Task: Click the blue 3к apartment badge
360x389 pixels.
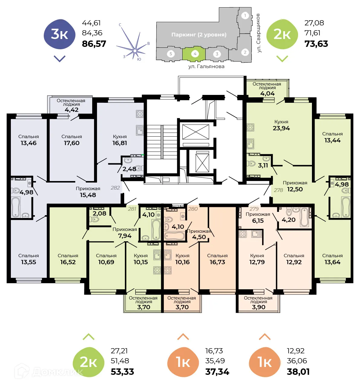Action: pyautogui.click(x=60, y=34)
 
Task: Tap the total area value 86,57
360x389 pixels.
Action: pyautogui.click(x=94, y=44)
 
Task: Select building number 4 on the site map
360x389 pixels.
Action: pyautogui.click(x=195, y=54)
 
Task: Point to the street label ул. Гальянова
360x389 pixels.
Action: pyautogui.click(x=206, y=66)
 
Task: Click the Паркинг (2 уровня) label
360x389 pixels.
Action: pyautogui.click(x=199, y=35)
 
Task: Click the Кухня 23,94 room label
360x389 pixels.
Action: pyautogui.click(x=281, y=125)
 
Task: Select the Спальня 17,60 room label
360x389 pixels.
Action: pyautogui.click(x=72, y=140)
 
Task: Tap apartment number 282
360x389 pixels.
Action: pyautogui.click(x=115, y=188)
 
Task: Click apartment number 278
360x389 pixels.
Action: pyautogui.click(x=278, y=190)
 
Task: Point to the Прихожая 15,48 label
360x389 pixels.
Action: pyautogui.click(x=88, y=192)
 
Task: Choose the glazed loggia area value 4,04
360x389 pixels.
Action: pyautogui.click(x=267, y=94)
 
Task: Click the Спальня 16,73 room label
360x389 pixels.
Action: pyautogui.click(x=217, y=259)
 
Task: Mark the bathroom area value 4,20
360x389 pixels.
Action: pyautogui.click(x=288, y=220)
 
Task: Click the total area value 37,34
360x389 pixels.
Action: pyautogui.click(x=217, y=372)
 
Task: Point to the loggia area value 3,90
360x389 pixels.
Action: pyautogui.click(x=258, y=307)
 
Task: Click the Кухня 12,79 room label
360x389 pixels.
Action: pyautogui.click(x=257, y=259)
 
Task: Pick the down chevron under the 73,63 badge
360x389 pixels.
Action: pyautogui.click(x=282, y=59)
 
